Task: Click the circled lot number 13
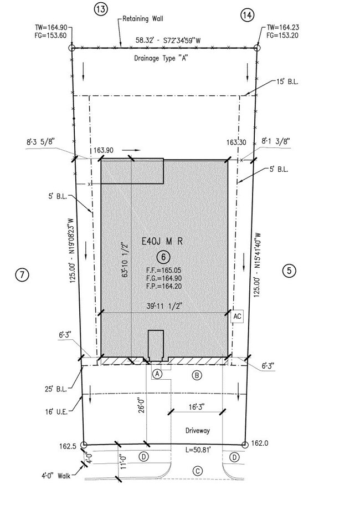tap(101, 9)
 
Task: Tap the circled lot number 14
tap(248, 15)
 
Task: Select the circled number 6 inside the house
tap(163, 257)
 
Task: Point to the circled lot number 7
tap(22, 274)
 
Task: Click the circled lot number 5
tap(289, 271)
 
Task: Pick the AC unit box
tap(237, 316)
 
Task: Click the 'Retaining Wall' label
tap(143, 19)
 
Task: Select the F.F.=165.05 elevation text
tap(163, 271)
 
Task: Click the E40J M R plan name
tap(162, 242)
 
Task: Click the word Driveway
tap(198, 430)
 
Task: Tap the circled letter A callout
tap(157, 374)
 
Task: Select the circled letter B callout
tap(197, 375)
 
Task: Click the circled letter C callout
tap(198, 471)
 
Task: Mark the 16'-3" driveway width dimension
tap(197, 407)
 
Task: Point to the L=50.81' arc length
tap(198, 450)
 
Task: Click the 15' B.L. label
tap(287, 81)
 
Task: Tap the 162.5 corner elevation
tap(68, 446)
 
